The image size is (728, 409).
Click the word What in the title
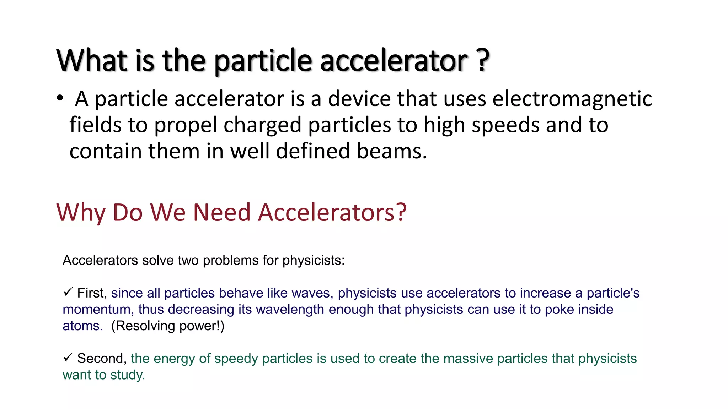coord(92,60)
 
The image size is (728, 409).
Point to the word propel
coord(186,125)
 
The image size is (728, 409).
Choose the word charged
coord(262,125)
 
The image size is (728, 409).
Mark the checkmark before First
coord(68,292)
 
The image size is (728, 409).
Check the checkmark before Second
coord(68,358)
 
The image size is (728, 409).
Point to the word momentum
coord(96,310)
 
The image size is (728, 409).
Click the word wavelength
coord(290,310)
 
